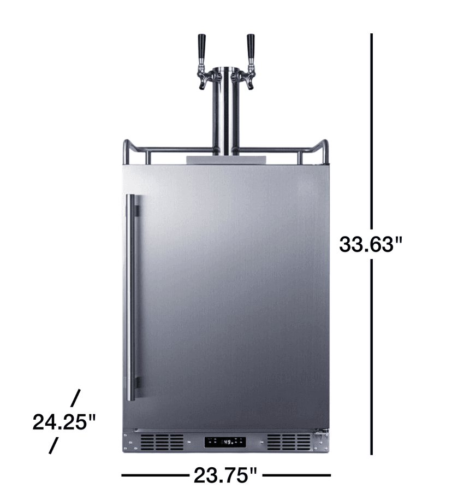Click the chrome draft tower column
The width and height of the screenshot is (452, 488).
click(224, 115)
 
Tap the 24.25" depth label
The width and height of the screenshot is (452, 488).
click(64, 422)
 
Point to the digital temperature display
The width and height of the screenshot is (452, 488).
click(225, 442)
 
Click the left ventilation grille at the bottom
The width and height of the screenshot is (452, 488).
click(162, 442)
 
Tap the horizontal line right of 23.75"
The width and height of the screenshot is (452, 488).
click(297, 475)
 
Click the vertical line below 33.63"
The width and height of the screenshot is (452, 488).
click(372, 355)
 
